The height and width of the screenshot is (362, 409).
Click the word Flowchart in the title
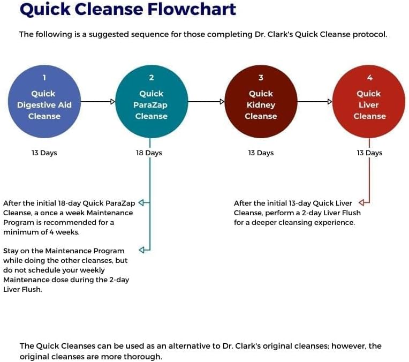192,9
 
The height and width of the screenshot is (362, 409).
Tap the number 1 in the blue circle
44,78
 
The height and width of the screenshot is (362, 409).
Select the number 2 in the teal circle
152,78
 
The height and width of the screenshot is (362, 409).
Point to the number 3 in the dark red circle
261,78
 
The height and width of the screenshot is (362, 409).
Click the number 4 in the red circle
369,78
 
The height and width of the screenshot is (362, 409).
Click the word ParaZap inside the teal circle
150,105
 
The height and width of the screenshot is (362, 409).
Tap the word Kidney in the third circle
261,105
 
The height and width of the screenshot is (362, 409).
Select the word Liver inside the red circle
368,105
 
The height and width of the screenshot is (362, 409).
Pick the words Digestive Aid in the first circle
44,105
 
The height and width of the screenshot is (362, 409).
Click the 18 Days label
149,153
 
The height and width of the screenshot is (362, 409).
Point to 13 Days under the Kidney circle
261,153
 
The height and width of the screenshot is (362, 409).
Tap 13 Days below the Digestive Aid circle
44,153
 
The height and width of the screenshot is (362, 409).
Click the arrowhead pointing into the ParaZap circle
112,102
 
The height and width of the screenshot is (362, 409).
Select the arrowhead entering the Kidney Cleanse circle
222,102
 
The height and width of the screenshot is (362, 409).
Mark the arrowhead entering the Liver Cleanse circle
330,102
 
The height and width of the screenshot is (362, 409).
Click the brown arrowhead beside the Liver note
361,202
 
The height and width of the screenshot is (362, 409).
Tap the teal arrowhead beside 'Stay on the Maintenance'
142,250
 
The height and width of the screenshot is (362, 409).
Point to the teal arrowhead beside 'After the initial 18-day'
141,202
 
